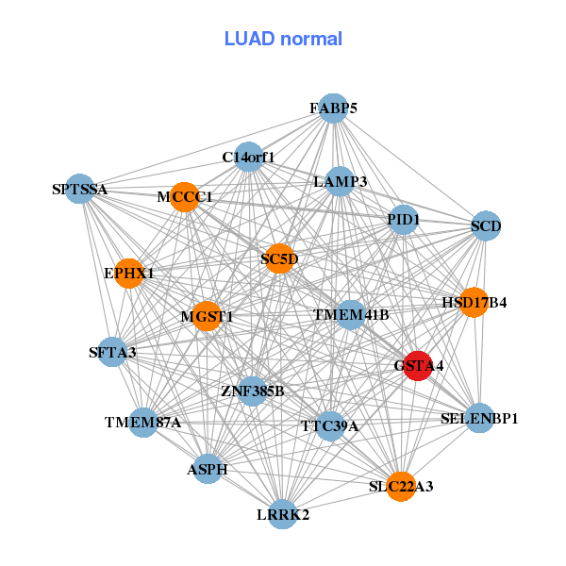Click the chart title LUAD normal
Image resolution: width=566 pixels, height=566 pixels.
click(283, 39)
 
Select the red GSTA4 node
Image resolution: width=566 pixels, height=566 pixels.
click(418, 364)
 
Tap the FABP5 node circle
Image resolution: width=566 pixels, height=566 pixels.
click(332, 108)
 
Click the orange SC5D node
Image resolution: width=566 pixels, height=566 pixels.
click(279, 258)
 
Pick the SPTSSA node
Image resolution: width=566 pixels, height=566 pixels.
click(80, 190)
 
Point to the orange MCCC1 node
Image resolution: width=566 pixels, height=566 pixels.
click(185, 197)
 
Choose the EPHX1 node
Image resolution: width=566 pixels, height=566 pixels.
click(128, 274)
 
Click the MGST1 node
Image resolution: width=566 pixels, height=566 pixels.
click(208, 316)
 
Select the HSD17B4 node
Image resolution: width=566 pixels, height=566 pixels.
click(474, 303)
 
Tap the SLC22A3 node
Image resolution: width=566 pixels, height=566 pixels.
click(401, 486)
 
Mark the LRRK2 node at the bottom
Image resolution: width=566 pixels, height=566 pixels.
click(283, 514)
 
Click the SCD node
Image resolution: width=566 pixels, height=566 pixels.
click(485, 225)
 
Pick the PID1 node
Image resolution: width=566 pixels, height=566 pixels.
click(403, 220)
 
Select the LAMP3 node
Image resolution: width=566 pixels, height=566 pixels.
click(340, 181)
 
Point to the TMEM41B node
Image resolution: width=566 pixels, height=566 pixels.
click(351, 314)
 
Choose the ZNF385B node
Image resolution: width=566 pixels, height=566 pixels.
click(252, 390)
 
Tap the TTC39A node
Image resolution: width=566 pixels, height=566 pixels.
click(329, 425)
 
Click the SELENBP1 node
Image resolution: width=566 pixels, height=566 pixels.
click(479, 418)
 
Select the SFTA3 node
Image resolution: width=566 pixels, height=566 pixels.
click(113, 353)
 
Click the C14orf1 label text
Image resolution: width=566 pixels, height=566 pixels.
click(248, 157)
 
